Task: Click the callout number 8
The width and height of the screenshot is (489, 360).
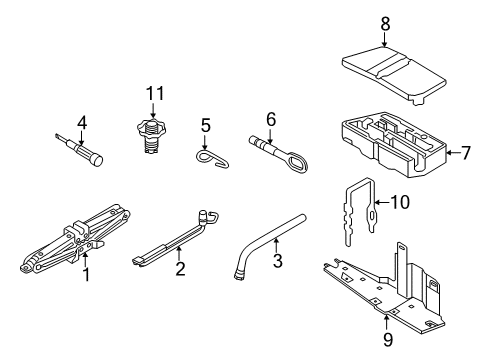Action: click(385, 24)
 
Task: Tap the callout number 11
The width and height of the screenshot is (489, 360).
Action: click(155, 93)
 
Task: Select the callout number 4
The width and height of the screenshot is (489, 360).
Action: click(82, 123)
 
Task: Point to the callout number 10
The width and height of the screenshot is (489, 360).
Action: click(400, 202)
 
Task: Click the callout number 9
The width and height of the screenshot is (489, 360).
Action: click(388, 340)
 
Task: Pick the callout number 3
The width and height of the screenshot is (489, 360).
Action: click(277, 260)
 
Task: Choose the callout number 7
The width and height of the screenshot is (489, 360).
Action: click(465, 153)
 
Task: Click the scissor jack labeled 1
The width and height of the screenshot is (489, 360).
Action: click(76, 239)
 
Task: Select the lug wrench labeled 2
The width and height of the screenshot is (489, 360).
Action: click(175, 238)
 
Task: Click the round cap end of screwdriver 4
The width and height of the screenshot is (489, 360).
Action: click(97, 160)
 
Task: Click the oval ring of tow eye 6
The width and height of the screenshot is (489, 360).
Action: click(297, 162)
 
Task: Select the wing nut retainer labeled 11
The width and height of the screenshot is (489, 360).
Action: click(152, 136)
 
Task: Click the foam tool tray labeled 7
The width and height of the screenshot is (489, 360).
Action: click(394, 144)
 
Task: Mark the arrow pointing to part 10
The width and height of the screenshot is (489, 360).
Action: click(382, 202)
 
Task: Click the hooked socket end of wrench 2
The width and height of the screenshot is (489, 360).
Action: click(208, 217)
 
